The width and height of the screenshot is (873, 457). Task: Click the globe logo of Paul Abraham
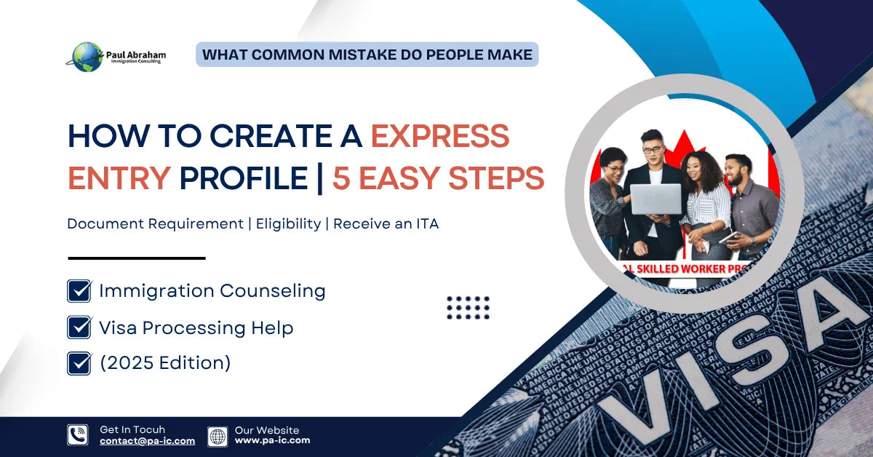click(x=87, y=57)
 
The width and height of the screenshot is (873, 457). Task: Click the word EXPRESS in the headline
click(x=439, y=136)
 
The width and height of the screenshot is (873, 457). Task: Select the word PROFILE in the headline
click(x=243, y=178)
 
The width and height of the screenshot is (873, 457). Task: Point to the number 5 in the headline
click(x=340, y=178)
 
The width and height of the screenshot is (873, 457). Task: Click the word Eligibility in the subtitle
click(x=288, y=224)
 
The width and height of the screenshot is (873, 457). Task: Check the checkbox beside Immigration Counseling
click(x=79, y=291)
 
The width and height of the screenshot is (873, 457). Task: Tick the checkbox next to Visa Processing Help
click(x=79, y=327)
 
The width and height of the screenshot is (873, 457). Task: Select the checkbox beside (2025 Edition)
click(x=79, y=362)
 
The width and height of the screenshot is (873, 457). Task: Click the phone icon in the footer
click(x=78, y=435)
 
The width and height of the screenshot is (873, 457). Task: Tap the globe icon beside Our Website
click(x=218, y=436)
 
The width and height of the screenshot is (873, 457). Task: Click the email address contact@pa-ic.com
click(x=147, y=441)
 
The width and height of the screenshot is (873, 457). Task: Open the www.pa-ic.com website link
click(x=272, y=440)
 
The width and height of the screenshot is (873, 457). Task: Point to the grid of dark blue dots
click(x=468, y=308)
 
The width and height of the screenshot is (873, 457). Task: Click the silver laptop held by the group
click(x=655, y=199)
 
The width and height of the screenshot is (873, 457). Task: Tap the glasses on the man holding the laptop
click(x=653, y=149)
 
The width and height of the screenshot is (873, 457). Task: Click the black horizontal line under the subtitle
click(x=137, y=258)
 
